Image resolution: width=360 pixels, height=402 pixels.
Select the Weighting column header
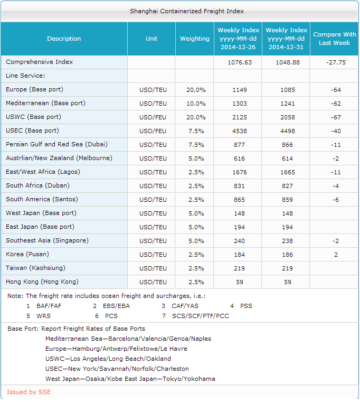[x=195, y=39]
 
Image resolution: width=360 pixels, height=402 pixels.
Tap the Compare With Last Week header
[x=335, y=39]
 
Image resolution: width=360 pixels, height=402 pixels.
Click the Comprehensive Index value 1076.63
[x=239, y=62]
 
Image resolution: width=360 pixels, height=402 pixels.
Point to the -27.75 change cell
[x=335, y=62]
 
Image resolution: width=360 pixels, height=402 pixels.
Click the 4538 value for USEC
[x=239, y=131]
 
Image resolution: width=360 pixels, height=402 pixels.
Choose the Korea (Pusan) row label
[x=27, y=255]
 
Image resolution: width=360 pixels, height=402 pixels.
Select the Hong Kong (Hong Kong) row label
[x=42, y=282]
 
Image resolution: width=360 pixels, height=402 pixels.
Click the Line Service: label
[x=25, y=76]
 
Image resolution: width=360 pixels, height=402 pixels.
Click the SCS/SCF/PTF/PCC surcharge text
[x=201, y=316]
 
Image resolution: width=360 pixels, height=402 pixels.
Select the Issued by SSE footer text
[x=29, y=392]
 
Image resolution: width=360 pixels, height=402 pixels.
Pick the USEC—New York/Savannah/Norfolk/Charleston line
[x=117, y=369]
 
